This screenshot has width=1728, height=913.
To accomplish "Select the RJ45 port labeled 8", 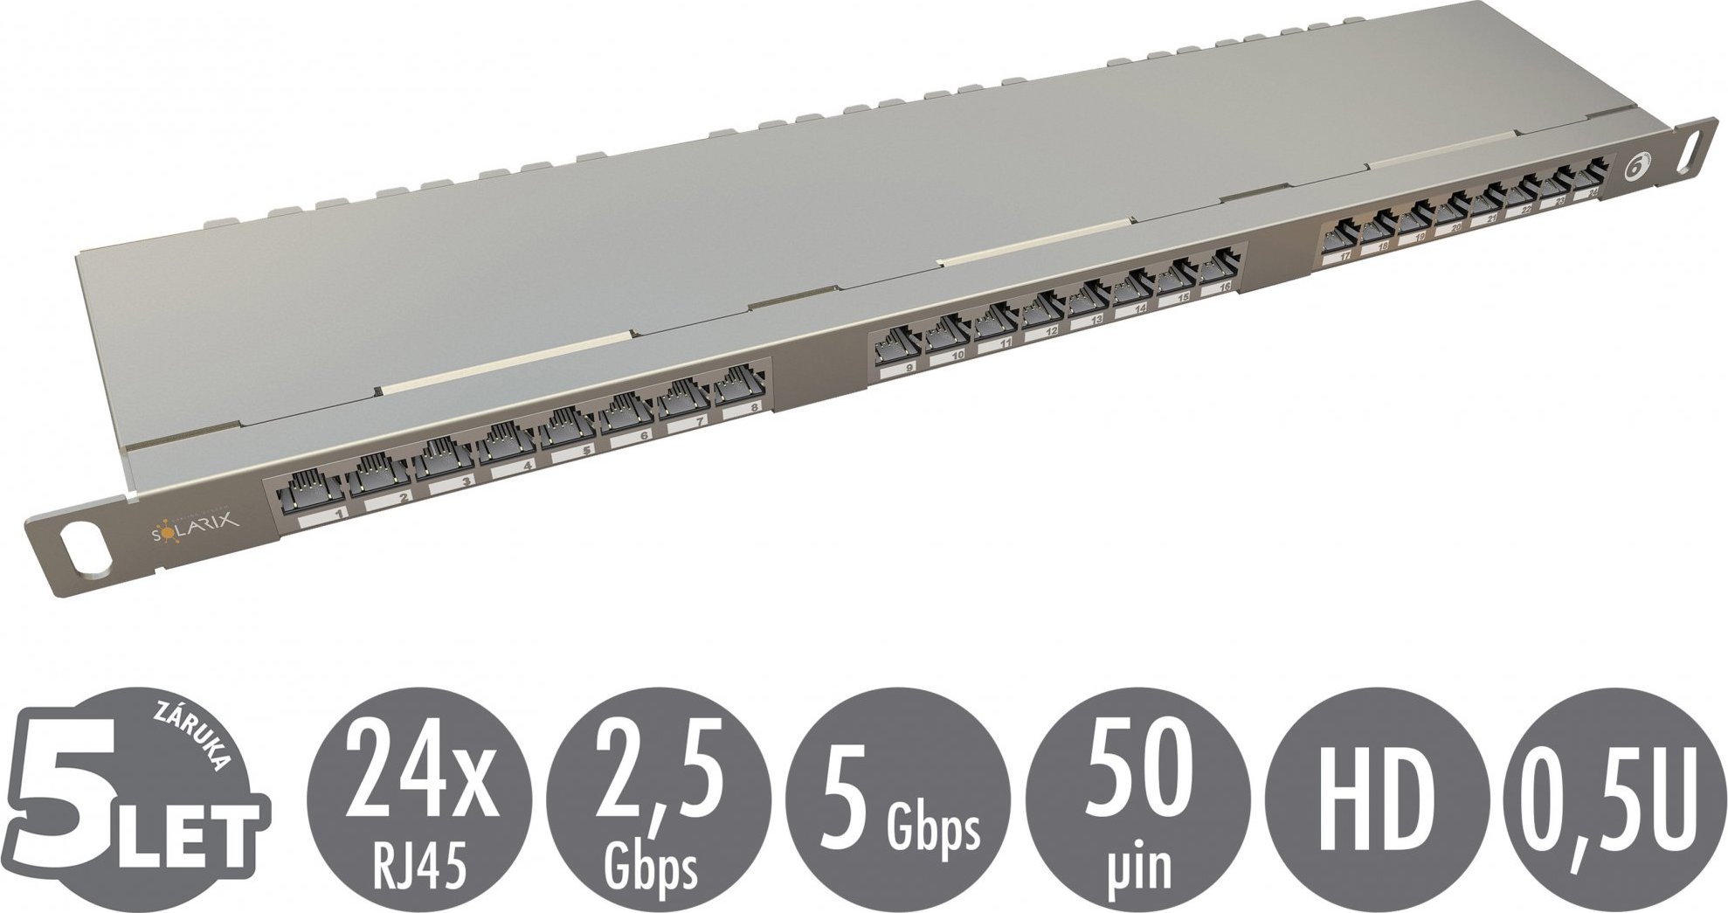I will (739, 385).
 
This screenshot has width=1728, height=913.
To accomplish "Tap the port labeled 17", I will (1340, 236).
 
